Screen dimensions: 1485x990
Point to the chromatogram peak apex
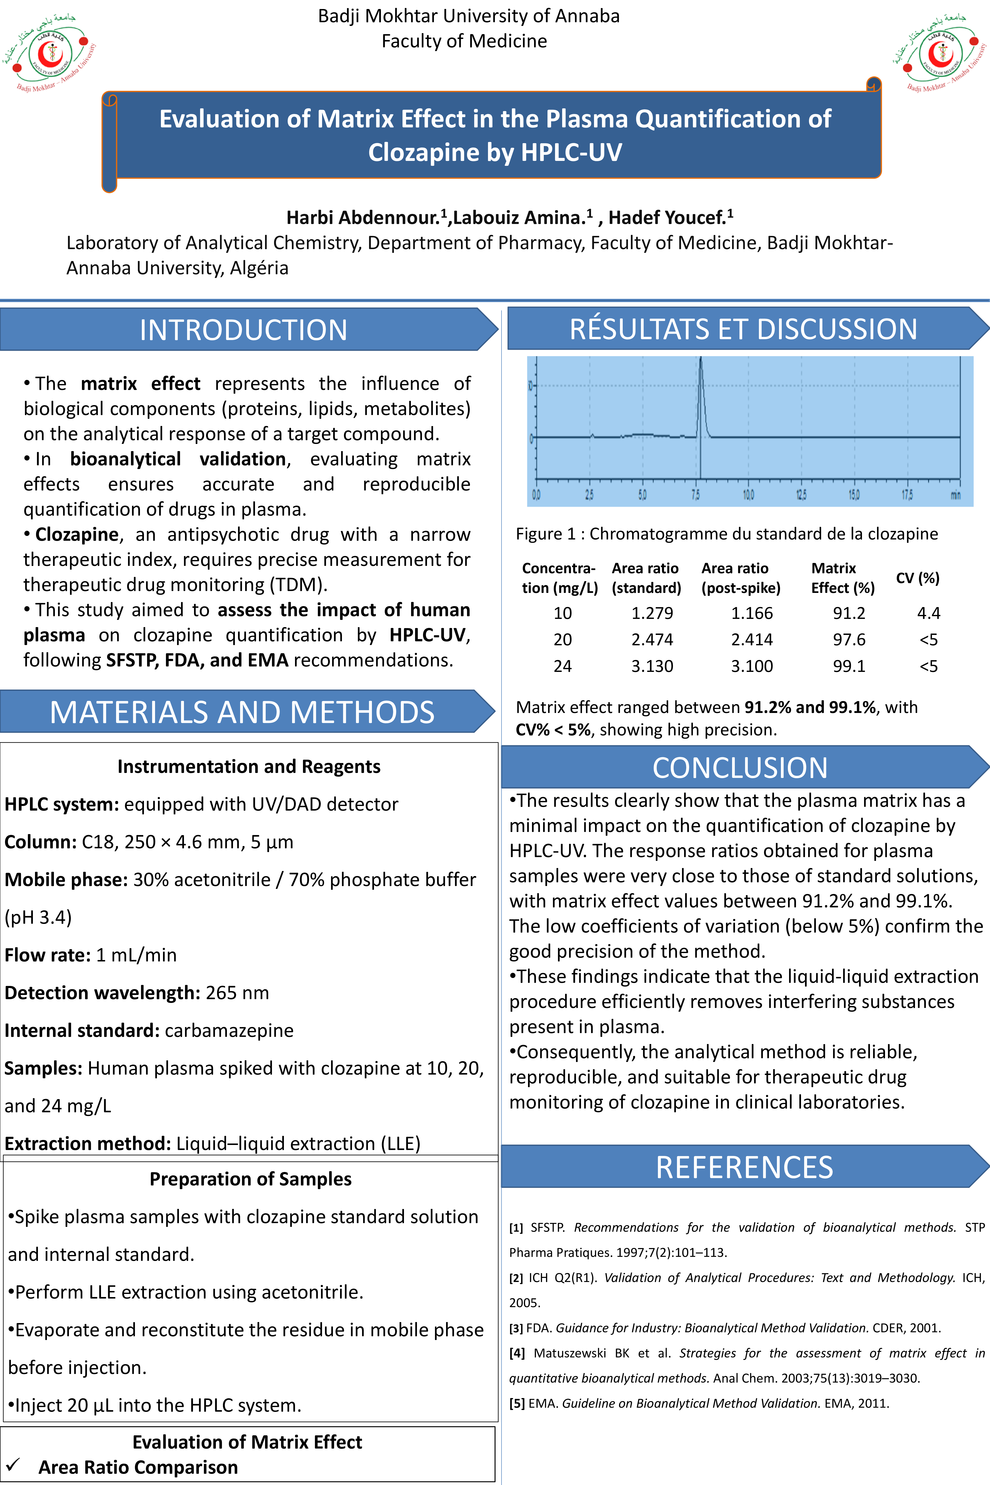tap(700, 360)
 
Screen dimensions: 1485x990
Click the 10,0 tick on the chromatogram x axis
tap(748, 494)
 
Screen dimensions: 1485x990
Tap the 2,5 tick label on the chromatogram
tap(589, 494)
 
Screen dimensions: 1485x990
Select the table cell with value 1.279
tap(652, 613)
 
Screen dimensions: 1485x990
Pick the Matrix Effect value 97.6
tap(849, 640)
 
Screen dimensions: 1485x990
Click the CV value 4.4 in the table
tap(928, 613)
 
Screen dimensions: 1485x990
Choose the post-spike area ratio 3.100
tap(751, 666)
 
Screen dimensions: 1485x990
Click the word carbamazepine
tap(229, 1030)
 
